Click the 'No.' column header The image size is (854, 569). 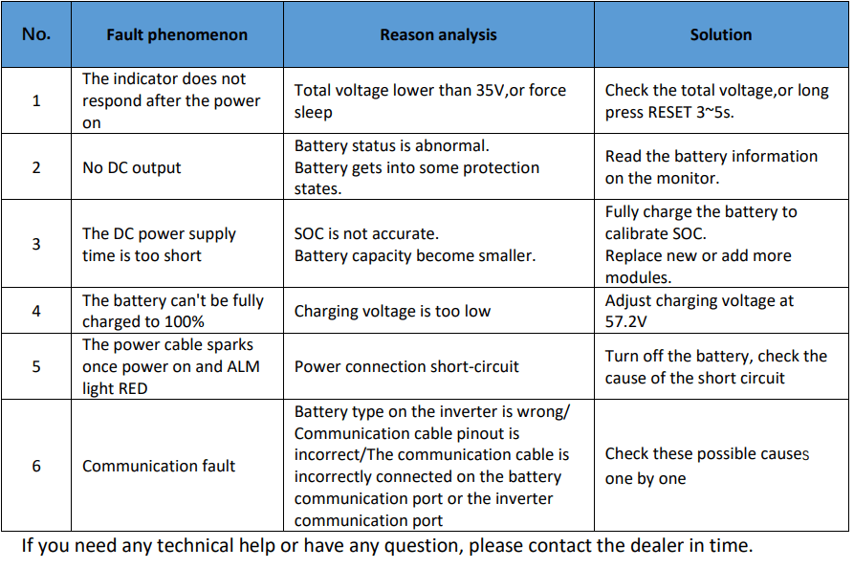click(x=36, y=34)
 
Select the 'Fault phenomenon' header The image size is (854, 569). click(x=177, y=34)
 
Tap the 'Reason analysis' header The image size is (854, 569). click(x=438, y=34)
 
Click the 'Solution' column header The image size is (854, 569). click(x=721, y=34)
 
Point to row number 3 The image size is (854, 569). click(x=36, y=244)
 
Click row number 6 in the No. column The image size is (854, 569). click(x=36, y=466)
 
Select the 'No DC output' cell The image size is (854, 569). click(x=131, y=167)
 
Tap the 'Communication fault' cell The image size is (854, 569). click(x=159, y=466)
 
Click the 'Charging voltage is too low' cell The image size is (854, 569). click(x=392, y=311)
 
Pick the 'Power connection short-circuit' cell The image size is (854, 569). click(x=406, y=366)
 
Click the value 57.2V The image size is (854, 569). click(x=625, y=322)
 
